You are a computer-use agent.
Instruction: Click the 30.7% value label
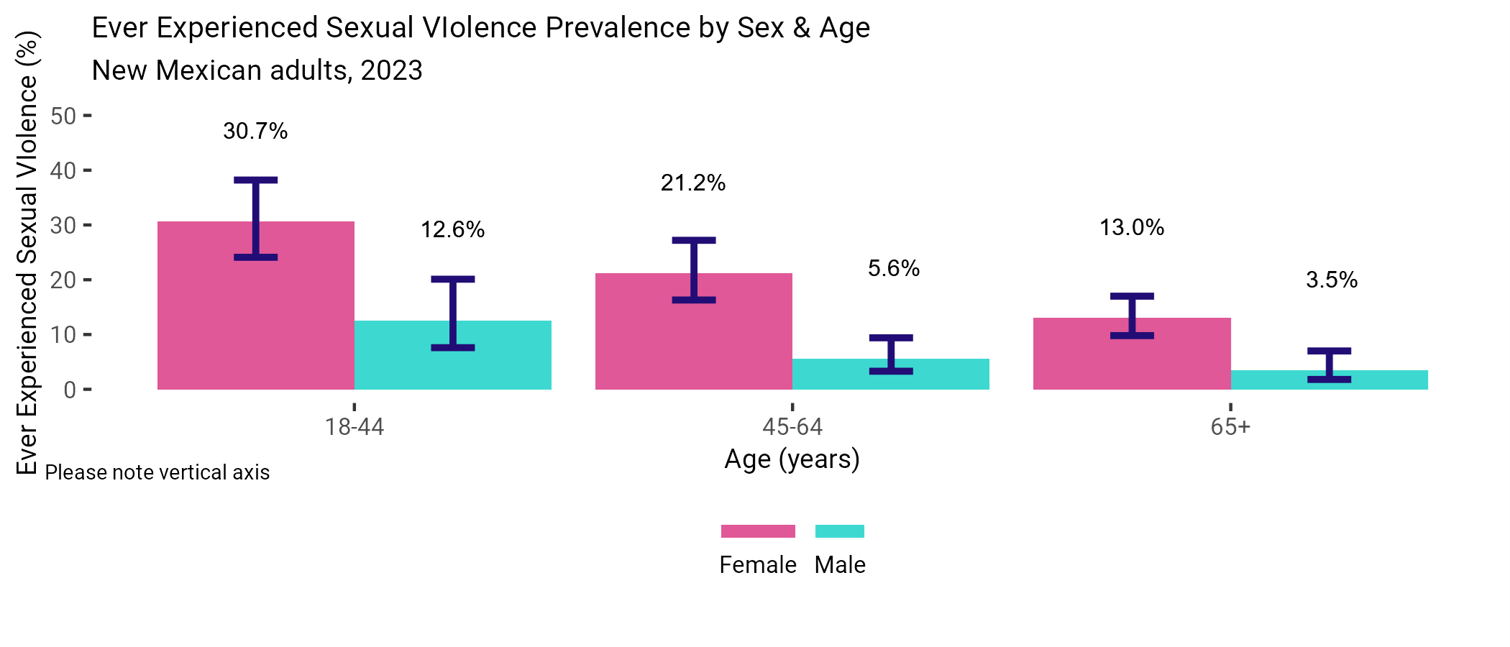(255, 131)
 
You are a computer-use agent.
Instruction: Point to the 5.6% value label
(893, 268)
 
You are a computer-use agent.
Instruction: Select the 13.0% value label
(1132, 227)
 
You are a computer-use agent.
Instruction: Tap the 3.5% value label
(1331, 280)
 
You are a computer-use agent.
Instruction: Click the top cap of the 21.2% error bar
(694, 240)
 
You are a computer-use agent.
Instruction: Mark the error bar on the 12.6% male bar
(453, 313)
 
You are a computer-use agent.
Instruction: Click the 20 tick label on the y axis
(63, 280)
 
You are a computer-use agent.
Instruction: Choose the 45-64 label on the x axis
(792, 427)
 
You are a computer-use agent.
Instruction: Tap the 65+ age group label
(1230, 427)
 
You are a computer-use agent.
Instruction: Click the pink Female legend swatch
(758, 531)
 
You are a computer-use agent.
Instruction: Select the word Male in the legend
(840, 565)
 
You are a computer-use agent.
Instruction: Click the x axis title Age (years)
(792, 459)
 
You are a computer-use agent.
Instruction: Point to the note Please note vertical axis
(157, 472)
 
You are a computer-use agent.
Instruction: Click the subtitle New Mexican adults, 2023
(257, 70)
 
